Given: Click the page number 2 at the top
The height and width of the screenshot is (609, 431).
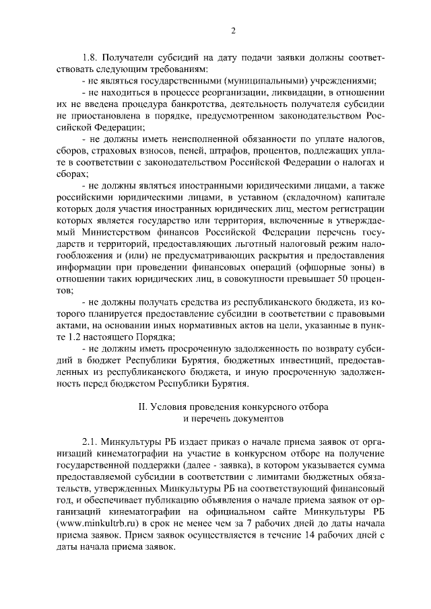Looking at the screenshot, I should pos(232,30).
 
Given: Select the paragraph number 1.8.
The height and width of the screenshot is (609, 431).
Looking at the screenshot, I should pos(90,57).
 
